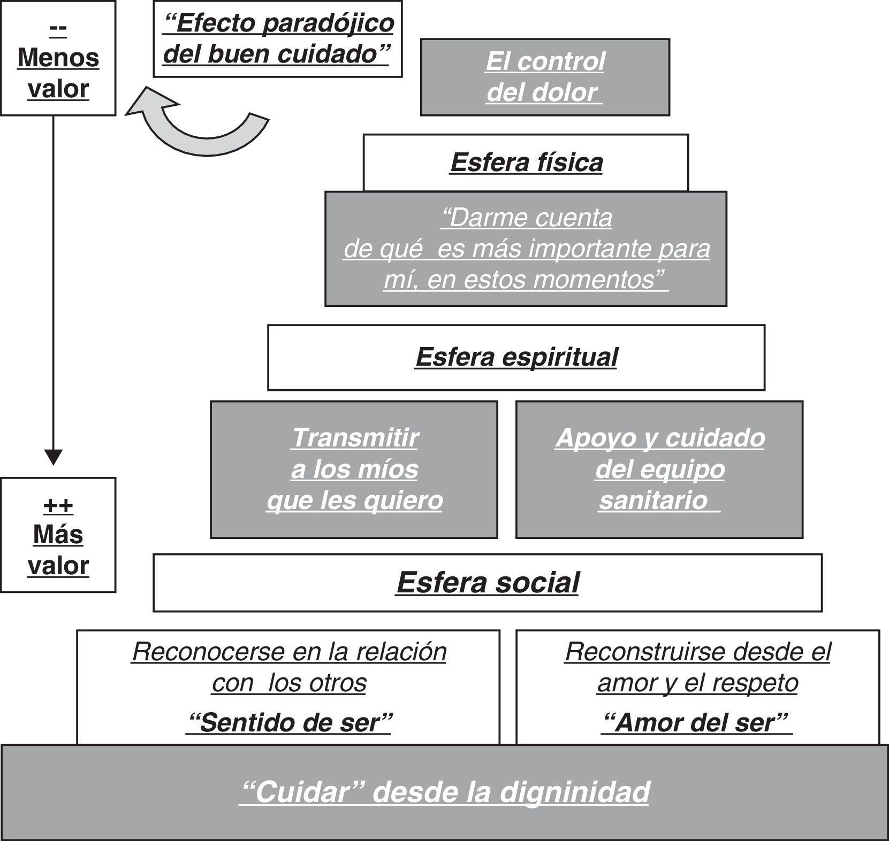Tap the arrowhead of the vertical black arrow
pos(54,457)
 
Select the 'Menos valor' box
pos(58,58)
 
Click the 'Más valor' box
pos(58,535)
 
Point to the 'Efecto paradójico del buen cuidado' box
pos(278,39)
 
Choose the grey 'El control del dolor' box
pos(545,77)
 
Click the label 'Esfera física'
pos(527,163)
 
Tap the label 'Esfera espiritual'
pos(516,357)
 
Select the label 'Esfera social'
pos(488,582)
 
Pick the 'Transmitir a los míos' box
pos(354,469)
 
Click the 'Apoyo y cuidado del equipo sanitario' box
pos(659,469)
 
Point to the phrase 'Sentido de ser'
pos(289,723)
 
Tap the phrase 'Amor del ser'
pos(697,723)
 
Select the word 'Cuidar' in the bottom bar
pos(303,792)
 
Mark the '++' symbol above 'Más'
pos(58,505)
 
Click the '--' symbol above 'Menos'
pos(58,28)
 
